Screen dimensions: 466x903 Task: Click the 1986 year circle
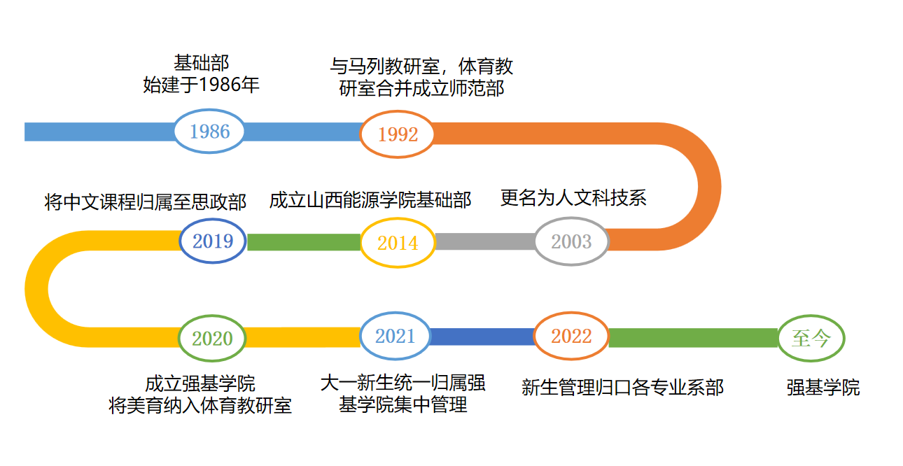[x=209, y=132]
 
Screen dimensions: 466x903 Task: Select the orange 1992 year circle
[x=398, y=134]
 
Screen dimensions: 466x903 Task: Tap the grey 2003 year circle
[x=571, y=242]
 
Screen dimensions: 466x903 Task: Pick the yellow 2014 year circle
[x=398, y=243]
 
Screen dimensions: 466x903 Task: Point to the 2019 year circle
[x=213, y=241]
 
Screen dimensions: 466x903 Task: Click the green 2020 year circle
[x=213, y=339]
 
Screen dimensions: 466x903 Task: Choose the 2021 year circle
[x=395, y=336]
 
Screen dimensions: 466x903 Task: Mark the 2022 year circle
[x=571, y=336]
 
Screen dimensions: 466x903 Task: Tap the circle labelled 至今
[x=811, y=339]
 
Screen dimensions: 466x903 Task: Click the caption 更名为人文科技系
[x=573, y=198]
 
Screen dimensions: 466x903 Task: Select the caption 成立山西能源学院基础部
[x=370, y=200]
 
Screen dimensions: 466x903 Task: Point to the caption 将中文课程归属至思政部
[x=146, y=203]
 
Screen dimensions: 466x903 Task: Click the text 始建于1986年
[x=202, y=86]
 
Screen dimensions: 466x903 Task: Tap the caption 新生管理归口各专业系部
[x=622, y=387]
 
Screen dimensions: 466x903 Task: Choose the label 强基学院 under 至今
[x=823, y=388]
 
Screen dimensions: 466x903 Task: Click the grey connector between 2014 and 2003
[x=484, y=242]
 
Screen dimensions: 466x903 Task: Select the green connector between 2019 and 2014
[x=304, y=242]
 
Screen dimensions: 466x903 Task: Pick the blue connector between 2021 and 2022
[x=482, y=337]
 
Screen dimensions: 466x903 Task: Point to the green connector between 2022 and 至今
[x=693, y=337]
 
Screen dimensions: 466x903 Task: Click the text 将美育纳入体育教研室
[x=200, y=406]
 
